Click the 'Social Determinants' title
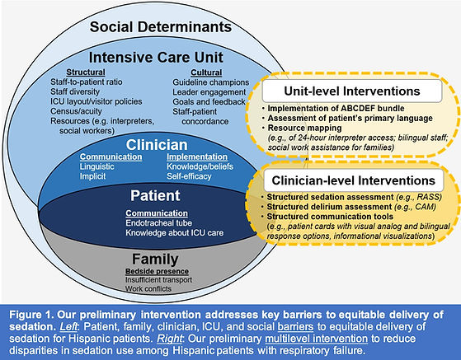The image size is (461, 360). click(161, 26)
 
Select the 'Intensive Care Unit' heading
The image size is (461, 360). click(156, 57)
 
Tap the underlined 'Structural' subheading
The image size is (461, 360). click(86, 72)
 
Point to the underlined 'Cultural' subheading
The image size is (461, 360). click(206, 72)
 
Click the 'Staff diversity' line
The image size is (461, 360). click(75, 92)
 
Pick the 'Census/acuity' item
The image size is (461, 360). click(76, 111)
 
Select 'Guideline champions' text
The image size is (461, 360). click(211, 82)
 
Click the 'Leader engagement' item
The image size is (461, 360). click(209, 92)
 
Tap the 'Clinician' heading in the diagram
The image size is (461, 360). click(157, 145)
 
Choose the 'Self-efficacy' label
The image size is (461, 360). click(189, 176)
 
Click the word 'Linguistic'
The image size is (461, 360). click(97, 166)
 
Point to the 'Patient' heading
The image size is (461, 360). click(155, 195)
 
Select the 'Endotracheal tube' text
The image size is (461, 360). click(159, 223)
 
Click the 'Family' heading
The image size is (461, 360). click(155, 259)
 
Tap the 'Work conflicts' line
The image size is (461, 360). click(148, 288)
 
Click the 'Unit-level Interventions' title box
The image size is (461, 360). click(352, 91)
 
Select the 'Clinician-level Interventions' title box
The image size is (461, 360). click(354, 180)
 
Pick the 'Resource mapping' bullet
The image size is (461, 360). click(304, 128)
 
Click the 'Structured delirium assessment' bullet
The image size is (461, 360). click(329, 207)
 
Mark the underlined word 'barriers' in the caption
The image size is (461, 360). click(295, 326)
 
